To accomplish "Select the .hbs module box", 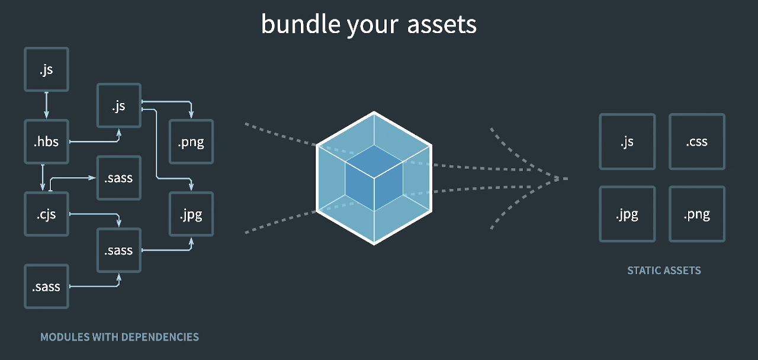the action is click(x=46, y=142).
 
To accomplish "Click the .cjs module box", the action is click(x=46, y=214).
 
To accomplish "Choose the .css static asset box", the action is click(x=697, y=142).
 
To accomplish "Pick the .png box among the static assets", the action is click(x=697, y=214).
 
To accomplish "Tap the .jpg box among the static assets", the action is click(x=627, y=214).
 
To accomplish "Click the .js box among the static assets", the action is click(x=627, y=142).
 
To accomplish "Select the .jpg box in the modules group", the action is click(x=191, y=214).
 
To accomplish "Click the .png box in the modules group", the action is click(x=191, y=142).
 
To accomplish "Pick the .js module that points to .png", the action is click(x=118, y=106).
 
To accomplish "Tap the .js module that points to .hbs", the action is click(x=46, y=70).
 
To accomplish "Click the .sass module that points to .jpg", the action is click(x=118, y=250).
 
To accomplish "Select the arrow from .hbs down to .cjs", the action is click(x=43, y=178).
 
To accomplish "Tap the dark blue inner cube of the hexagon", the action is click(x=374, y=178).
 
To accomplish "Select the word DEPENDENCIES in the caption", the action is click(x=160, y=337).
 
